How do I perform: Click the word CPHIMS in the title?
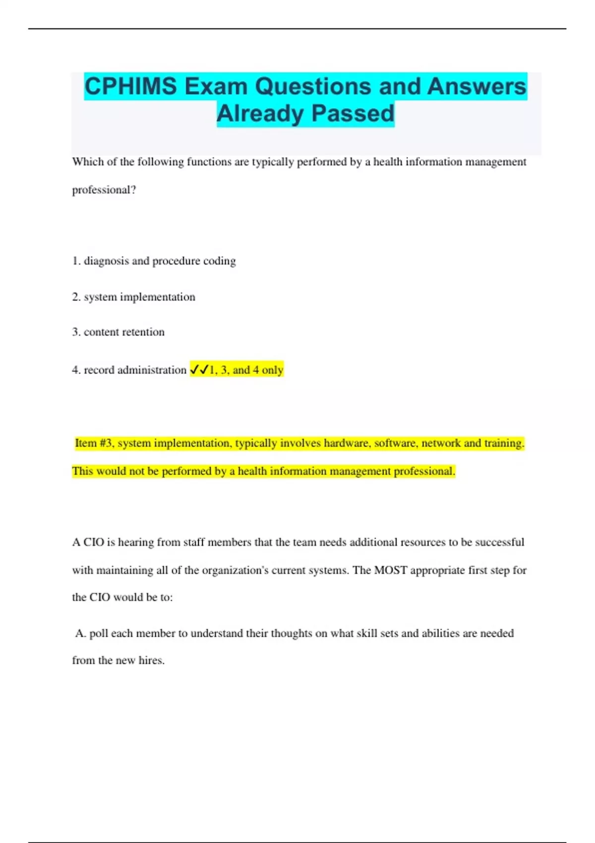[x=130, y=86]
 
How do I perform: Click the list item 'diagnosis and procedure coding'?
[x=159, y=261]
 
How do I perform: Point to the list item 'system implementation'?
[x=139, y=297]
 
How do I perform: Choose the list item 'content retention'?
[x=124, y=332]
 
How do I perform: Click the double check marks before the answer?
[x=199, y=370]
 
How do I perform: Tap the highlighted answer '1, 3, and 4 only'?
[x=246, y=370]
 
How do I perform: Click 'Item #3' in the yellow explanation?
[x=94, y=443]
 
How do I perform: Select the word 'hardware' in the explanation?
[x=345, y=443]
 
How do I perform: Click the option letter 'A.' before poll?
[x=80, y=633]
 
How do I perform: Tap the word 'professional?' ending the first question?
[x=104, y=190]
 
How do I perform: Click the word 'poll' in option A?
[x=99, y=633]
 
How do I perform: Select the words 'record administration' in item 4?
[x=135, y=370]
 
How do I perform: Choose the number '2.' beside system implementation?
[x=76, y=297]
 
